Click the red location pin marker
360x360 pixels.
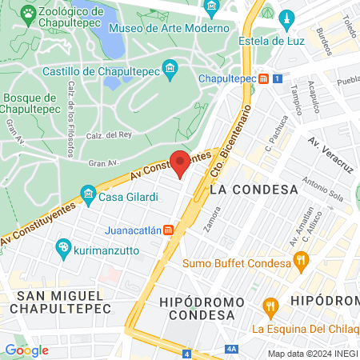pyautogui.click(x=180, y=162)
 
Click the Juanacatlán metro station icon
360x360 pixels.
pyautogui.click(x=169, y=230)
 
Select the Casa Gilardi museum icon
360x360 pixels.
pyautogui.click(x=88, y=194)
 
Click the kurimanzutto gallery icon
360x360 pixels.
pyautogui.click(x=62, y=250)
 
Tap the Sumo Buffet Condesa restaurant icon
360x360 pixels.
pyautogui.click(x=301, y=260)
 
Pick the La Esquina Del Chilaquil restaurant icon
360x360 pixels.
pyautogui.click(x=270, y=305)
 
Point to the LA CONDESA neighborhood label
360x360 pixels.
pyautogui.click(x=253, y=190)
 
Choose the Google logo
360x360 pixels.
pyautogui.click(x=26, y=350)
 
